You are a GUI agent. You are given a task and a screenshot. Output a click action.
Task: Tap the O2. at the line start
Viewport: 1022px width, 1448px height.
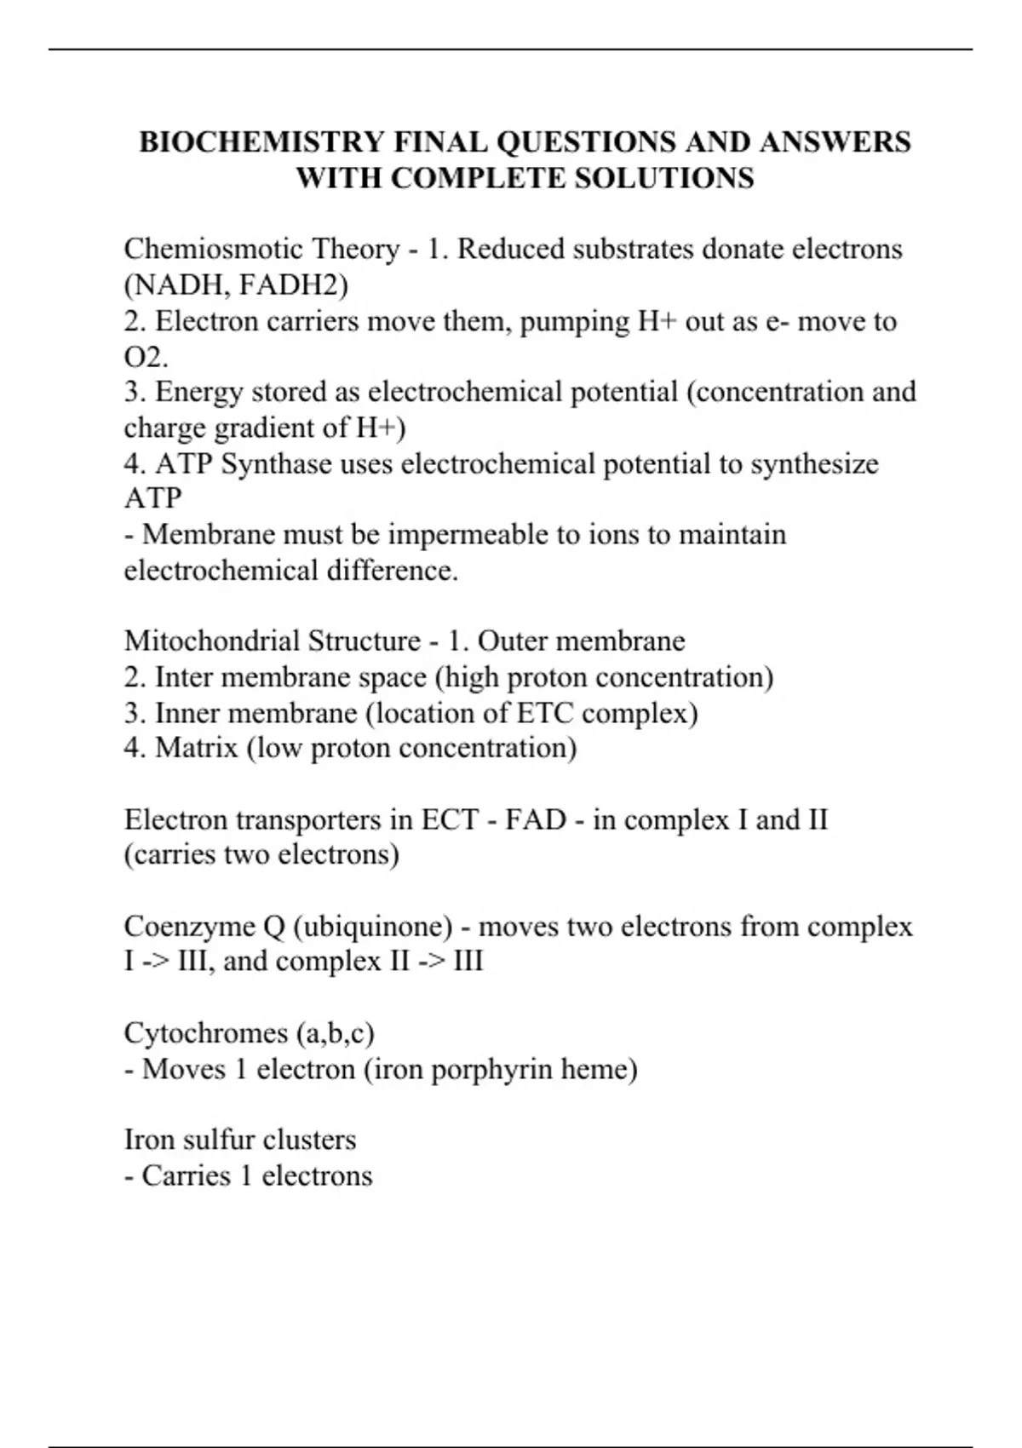click(146, 357)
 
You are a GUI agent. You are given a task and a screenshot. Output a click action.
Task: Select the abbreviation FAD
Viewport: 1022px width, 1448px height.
click(536, 819)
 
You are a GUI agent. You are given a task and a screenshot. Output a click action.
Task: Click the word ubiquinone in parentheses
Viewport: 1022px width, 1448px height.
click(372, 927)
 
